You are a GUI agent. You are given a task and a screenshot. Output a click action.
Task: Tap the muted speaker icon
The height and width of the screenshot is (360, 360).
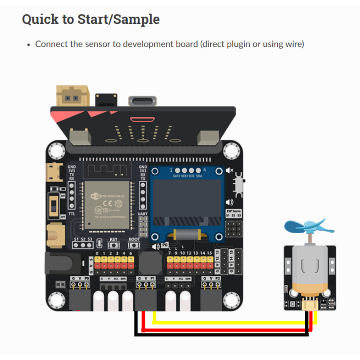(230, 171)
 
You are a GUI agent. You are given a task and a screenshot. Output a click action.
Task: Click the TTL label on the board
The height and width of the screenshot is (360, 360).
(72, 214)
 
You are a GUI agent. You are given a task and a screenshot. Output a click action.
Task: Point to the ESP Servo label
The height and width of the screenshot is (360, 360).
(234, 211)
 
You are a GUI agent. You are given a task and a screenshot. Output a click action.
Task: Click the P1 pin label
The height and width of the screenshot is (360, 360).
(153, 279)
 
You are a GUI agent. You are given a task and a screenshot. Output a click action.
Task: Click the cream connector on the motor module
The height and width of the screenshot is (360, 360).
(310, 306)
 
